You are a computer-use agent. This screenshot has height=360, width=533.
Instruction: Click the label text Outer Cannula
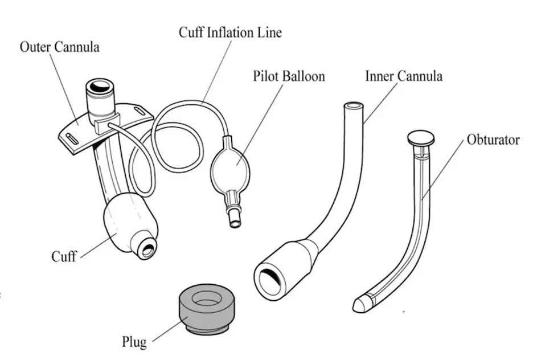pos(59,47)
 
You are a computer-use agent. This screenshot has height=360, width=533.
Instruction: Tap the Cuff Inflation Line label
pos(230,32)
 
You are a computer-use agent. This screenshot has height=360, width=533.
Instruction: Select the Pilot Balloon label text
pos(289,76)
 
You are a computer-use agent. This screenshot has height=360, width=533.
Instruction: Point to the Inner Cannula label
pos(403,76)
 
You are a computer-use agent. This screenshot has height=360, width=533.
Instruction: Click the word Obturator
pos(493,140)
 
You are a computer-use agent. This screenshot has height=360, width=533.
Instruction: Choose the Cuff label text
pos(64,256)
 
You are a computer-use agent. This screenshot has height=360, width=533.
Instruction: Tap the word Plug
pos(134,342)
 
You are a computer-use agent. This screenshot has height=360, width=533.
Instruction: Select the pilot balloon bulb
pos(231,163)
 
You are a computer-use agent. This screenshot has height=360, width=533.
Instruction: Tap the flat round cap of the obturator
pos(420,137)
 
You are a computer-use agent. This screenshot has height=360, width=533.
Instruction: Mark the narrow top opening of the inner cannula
pos(354,105)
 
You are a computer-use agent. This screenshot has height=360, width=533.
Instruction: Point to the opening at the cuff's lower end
pos(147,248)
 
